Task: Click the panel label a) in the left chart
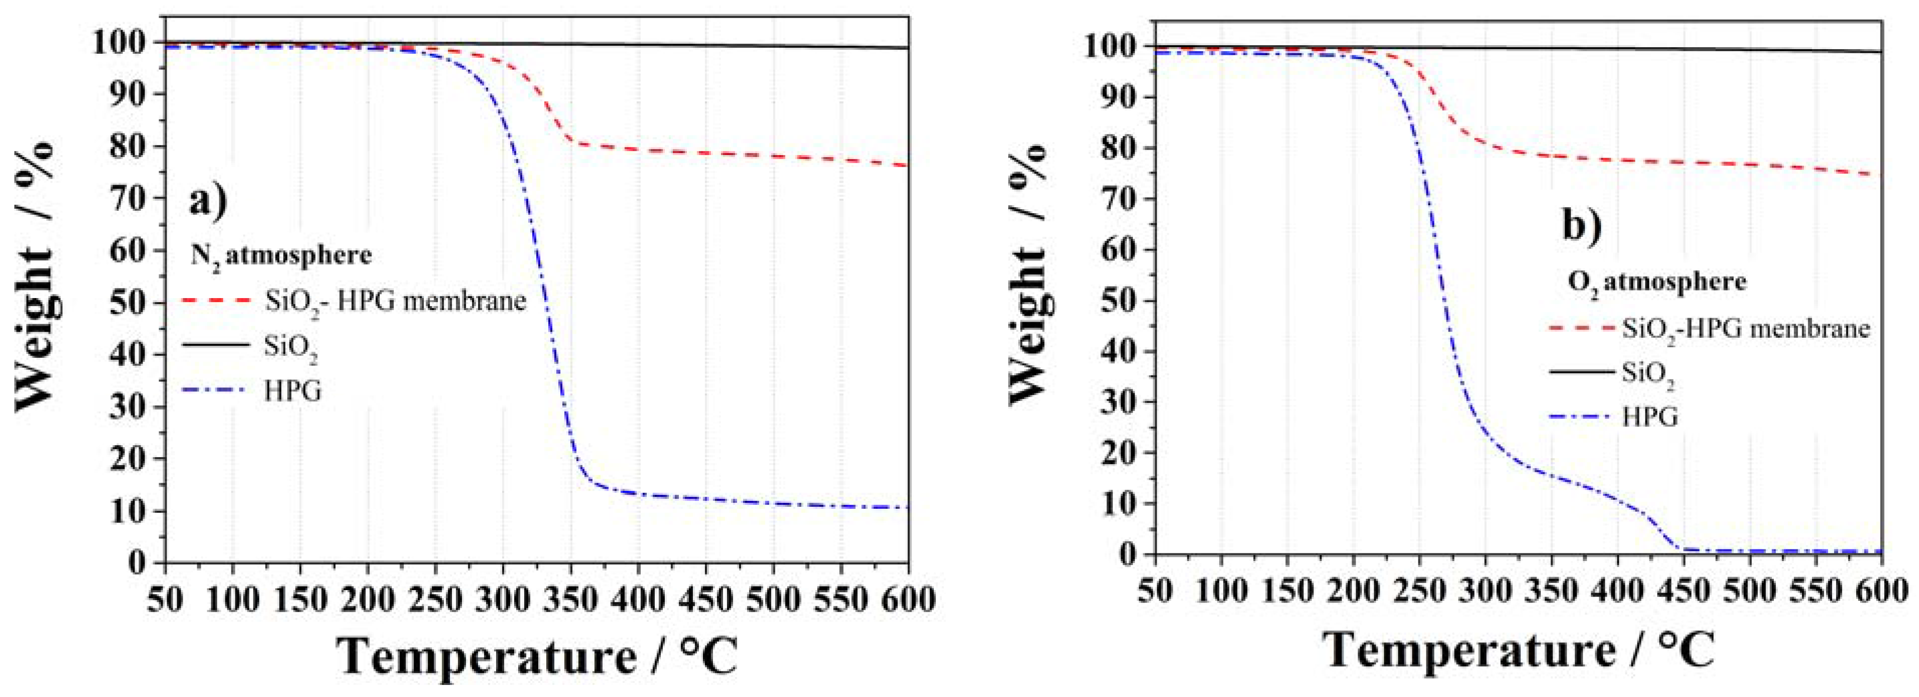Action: point(208,202)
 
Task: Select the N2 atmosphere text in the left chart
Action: point(281,256)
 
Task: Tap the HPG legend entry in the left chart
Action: point(293,390)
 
